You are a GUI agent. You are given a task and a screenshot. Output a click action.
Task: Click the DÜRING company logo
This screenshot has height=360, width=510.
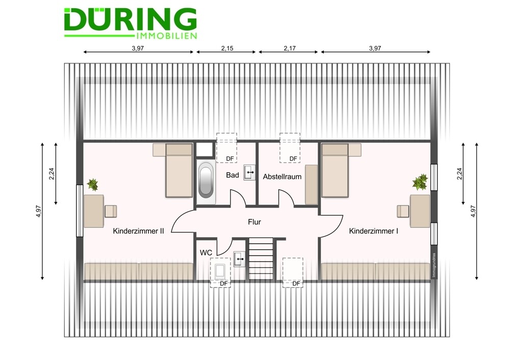coord(131,23)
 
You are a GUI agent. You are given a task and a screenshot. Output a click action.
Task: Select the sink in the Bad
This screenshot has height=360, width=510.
coord(249,172)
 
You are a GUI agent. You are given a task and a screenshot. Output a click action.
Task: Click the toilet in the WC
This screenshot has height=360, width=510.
coord(220,271)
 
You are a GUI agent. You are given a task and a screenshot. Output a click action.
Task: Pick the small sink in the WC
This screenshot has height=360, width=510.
coord(240,259)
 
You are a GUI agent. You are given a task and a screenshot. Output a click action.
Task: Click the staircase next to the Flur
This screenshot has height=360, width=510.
coord(261,259)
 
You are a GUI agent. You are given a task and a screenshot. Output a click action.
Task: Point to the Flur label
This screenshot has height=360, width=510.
coord(254,222)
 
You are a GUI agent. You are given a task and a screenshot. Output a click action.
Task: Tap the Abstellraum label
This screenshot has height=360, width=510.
coord(282,176)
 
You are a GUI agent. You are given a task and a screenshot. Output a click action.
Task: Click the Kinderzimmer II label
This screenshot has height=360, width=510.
coord(138,231)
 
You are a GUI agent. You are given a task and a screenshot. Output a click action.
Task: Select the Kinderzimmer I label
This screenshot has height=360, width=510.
coord(373,231)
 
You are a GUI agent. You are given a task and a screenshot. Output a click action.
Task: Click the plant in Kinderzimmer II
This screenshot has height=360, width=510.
coord(93,185)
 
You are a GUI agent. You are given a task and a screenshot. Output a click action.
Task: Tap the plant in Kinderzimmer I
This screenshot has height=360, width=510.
coord(420,182)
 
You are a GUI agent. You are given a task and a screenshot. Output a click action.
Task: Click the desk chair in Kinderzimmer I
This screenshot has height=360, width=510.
coord(403,211)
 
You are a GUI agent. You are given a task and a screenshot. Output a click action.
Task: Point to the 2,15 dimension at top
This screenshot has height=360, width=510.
coord(227,48)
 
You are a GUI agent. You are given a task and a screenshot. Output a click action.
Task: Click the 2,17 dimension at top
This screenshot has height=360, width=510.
coord(290,48)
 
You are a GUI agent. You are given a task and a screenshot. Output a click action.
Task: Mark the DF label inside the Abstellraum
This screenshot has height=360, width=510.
coord(293,159)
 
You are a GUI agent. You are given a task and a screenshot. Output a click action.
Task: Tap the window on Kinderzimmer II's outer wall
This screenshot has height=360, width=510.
coord(80,211)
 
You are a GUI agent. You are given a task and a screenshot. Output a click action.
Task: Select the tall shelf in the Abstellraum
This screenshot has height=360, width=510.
coord(311,185)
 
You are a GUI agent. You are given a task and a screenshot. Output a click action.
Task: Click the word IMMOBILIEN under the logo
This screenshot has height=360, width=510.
coord(167,36)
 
